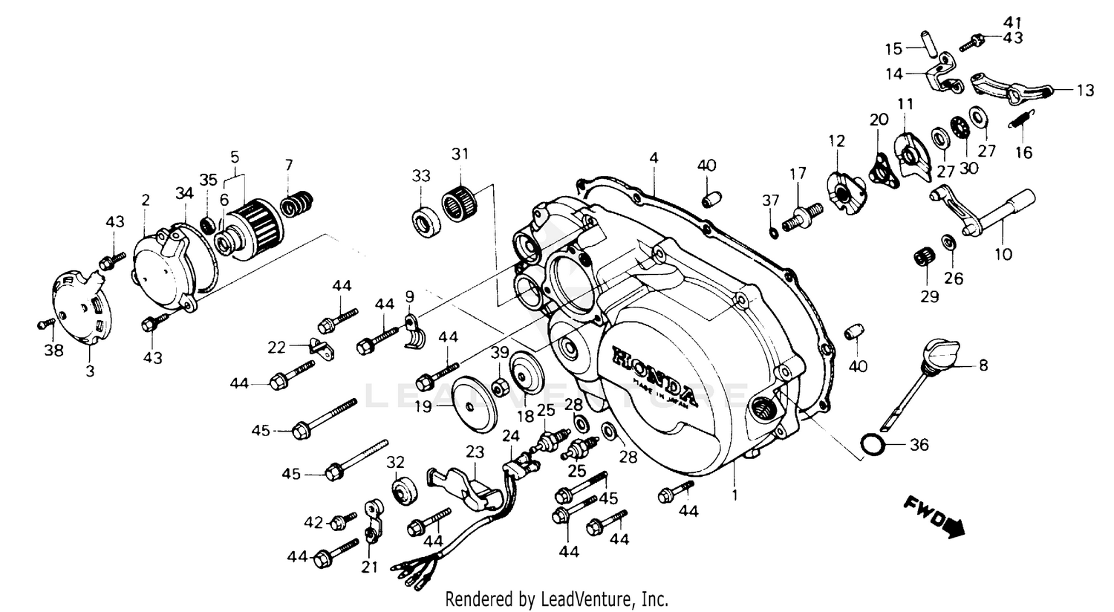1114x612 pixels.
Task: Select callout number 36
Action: [x=919, y=446]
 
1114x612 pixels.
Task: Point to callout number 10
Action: [x=1003, y=254]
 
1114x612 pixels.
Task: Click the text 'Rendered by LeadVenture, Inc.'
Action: [x=556, y=599]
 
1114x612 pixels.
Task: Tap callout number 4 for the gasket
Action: [x=653, y=158]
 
